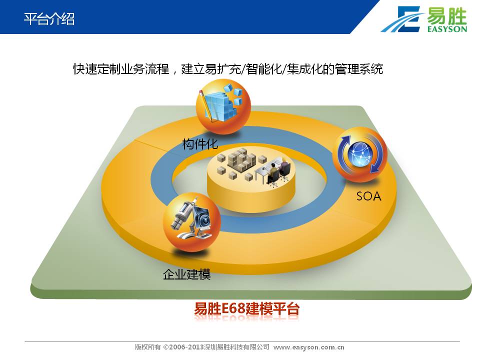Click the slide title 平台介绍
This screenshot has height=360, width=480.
[x=49, y=18]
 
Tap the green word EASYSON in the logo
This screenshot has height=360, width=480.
[x=447, y=29]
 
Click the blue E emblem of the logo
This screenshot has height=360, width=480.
[x=404, y=19]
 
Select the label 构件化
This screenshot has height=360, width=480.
[x=200, y=144]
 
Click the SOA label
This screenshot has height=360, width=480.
[x=368, y=196]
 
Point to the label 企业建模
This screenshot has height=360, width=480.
[x=186, y=274]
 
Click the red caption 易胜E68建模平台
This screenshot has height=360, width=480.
[x=246, y=308]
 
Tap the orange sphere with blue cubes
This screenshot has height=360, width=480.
[x=223, y=106]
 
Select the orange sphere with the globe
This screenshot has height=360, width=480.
[x=359, y=154]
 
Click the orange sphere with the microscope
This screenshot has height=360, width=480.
[x=191, y=222]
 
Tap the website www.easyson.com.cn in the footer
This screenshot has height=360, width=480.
[x=308, y=347]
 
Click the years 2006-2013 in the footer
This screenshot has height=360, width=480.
[x=183, y=347]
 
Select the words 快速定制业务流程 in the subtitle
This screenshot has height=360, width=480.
[x=121, y=69]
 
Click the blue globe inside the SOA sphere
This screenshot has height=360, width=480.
[x=360, y=154]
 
